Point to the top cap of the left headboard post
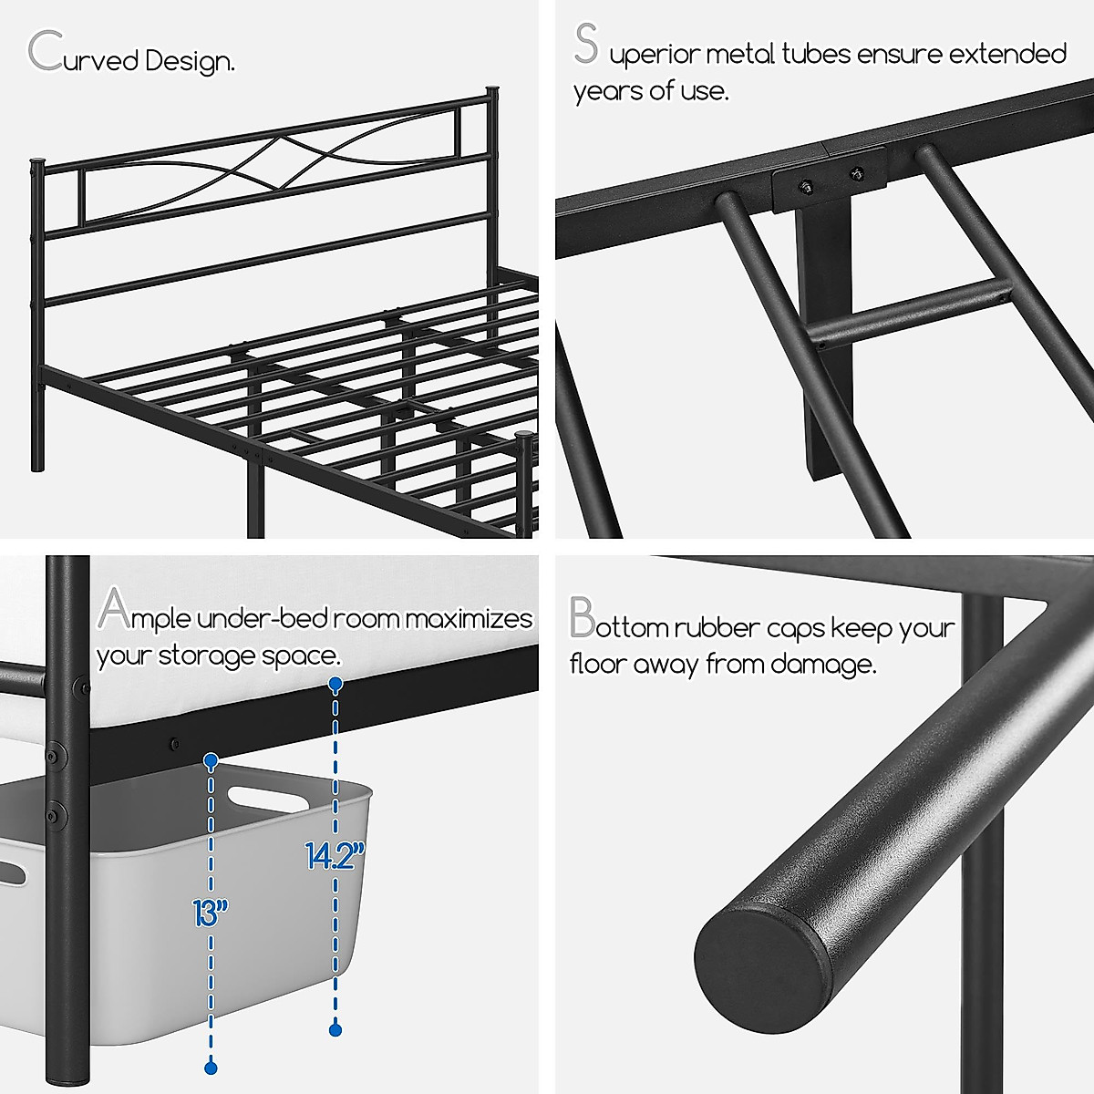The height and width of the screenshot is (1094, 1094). click(36, 162)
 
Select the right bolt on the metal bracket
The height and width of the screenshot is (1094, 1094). click(855, 173)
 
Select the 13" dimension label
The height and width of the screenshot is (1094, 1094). click(210, 912)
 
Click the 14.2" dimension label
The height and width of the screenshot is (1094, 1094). click(335, 855)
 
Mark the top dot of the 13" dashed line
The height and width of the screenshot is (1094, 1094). click(211, 759)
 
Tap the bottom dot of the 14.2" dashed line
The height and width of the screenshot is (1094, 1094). click(335, 1029)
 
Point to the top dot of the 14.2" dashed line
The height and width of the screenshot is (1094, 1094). click(335, 683)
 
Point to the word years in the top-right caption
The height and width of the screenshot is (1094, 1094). click(606, 91)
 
